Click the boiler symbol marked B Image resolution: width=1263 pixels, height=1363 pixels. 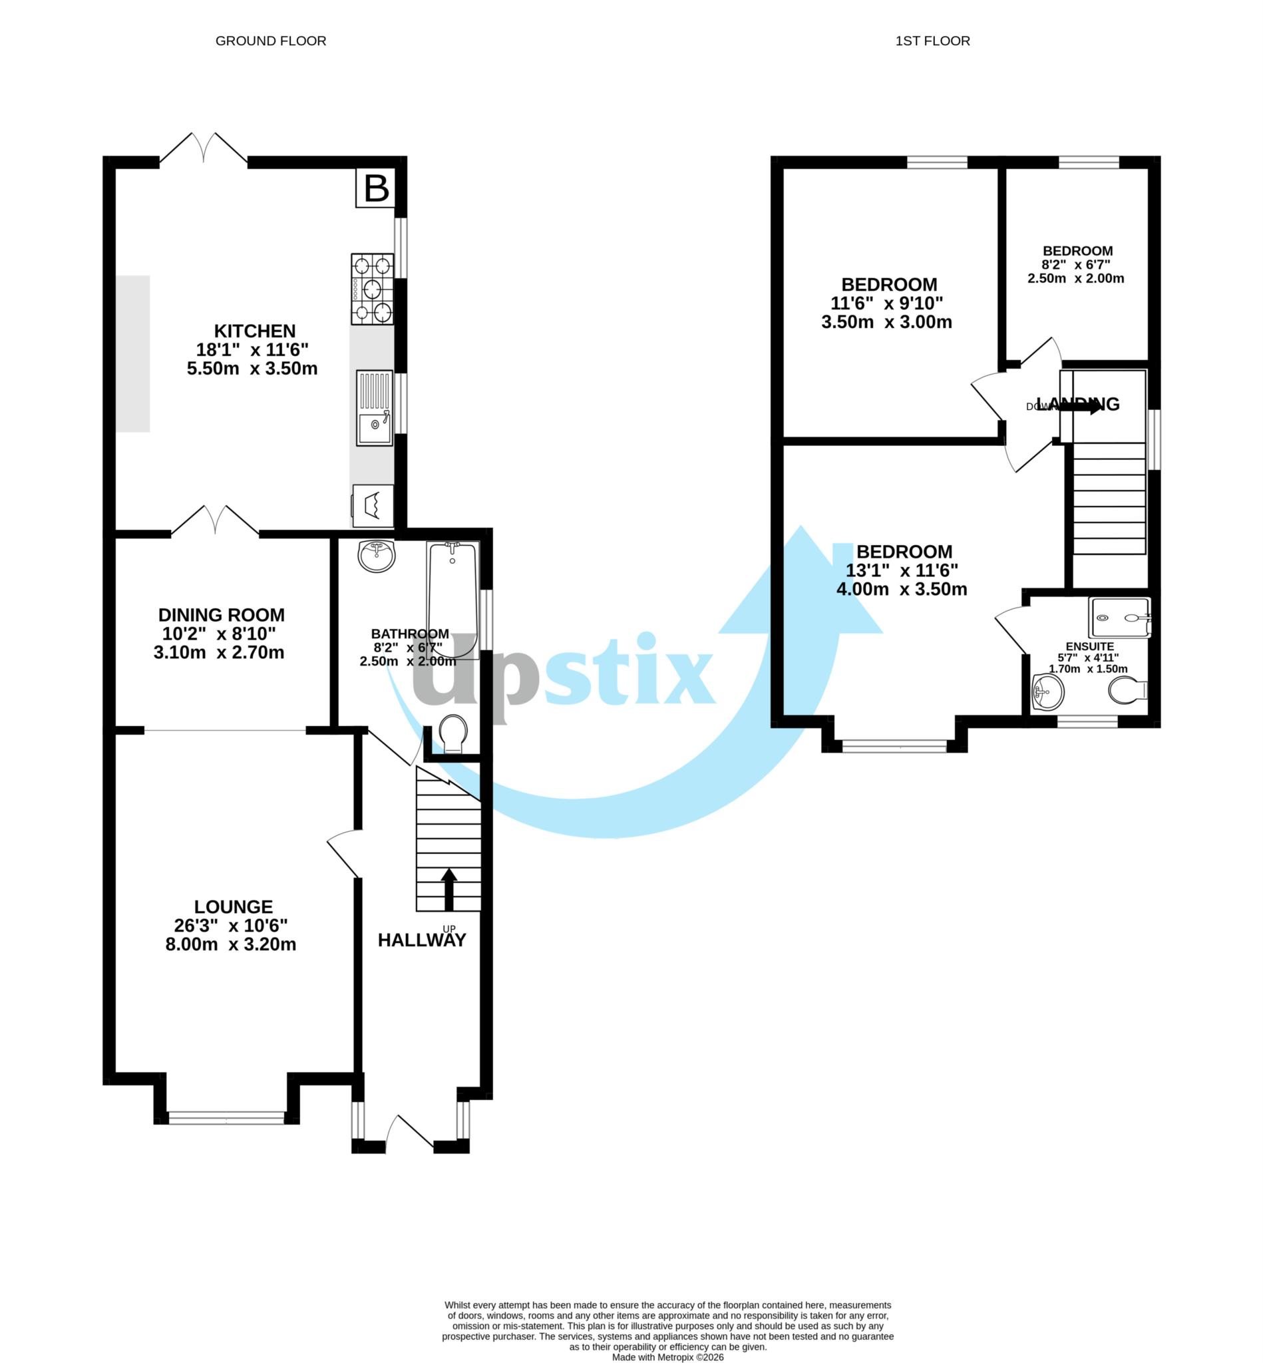coord(376,188)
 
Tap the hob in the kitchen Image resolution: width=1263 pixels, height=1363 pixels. coord(373,288)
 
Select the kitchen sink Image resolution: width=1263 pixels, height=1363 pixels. coord(375,408)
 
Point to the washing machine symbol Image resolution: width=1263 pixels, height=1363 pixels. coord(373,505)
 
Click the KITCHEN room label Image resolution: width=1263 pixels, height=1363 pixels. coord(255,331)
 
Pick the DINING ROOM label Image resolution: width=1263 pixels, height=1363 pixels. coord(222,614)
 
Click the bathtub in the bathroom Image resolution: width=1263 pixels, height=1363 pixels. coord(452,600)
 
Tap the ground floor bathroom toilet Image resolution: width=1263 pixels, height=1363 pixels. coord(452,733)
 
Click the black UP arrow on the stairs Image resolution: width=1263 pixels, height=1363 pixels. coord(449,888)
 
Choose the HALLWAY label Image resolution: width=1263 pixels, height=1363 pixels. coord(422,940)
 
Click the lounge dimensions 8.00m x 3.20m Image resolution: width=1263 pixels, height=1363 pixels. coord(231,944)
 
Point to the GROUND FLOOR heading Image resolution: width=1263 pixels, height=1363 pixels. coord(271,41)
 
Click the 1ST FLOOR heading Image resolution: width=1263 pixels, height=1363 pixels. coord(932,41)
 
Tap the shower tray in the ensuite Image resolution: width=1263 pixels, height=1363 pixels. coord(1120,617)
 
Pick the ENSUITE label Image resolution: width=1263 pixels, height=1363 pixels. coord(1089,647)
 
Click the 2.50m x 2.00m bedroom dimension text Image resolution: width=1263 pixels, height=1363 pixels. coord(1076,279)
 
